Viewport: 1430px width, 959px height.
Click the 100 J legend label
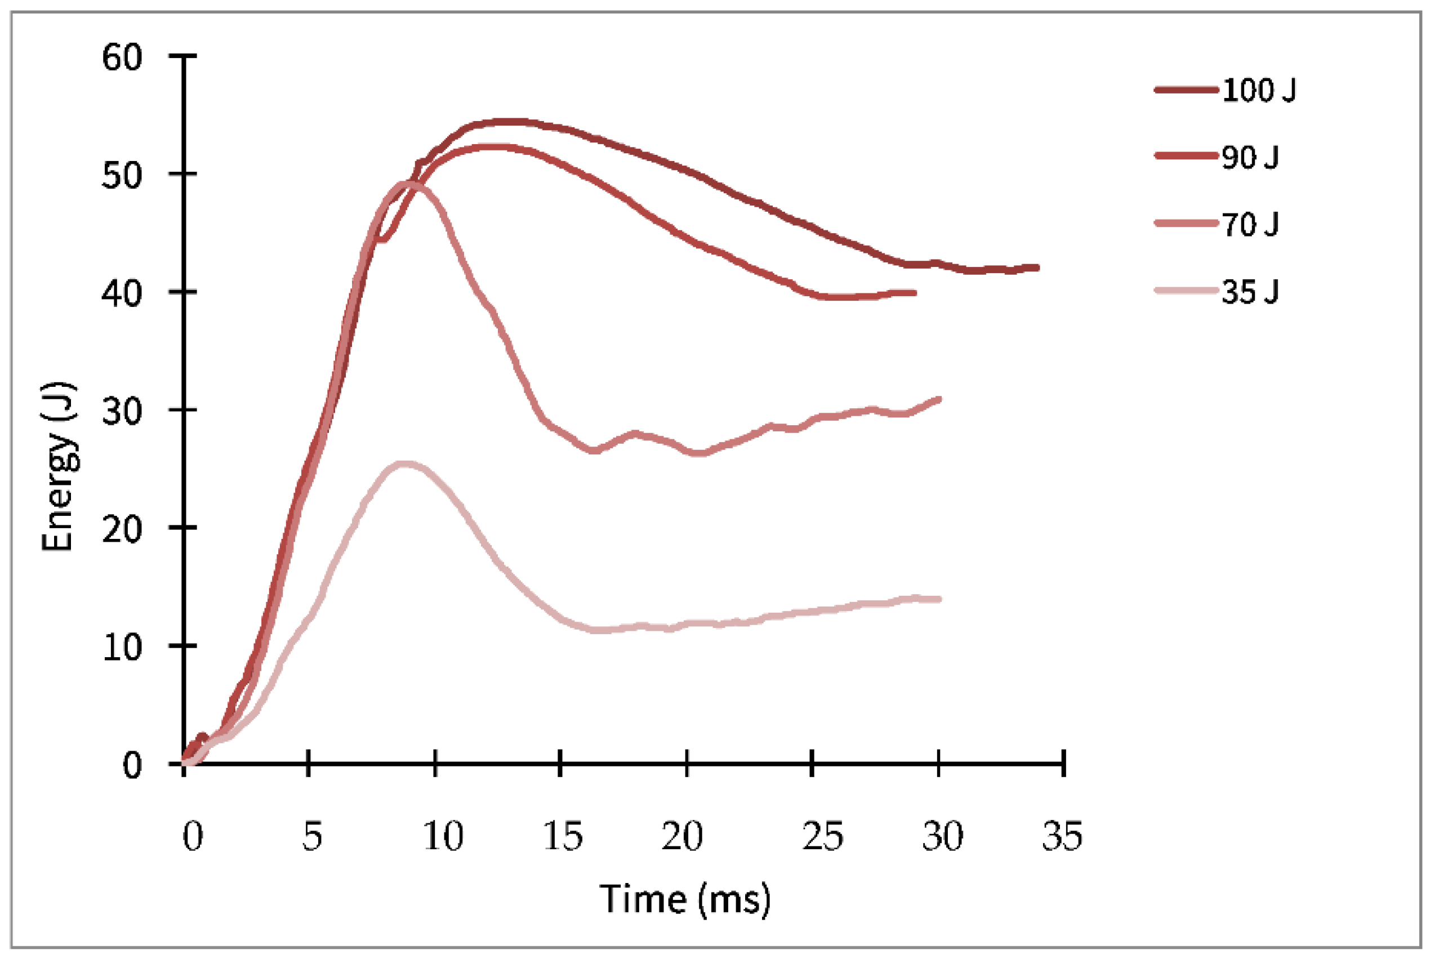pyautogui.click(x=1259, y=91)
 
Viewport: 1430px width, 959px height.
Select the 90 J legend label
pyautogui.click(x=1250, y=158)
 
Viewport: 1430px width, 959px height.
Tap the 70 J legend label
pyautogui.click(x=1250, y=225)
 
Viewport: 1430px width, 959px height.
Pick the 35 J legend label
pyautogui.click(x=1250, y=292)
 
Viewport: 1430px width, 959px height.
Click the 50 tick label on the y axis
pyautogui.click(x=122, y=175)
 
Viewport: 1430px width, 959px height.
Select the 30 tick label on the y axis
pyautogui.click(x=122, y=411)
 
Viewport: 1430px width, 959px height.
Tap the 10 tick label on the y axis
pyautogui.click(x=122, y=646)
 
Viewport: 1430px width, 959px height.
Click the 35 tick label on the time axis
pyautogui.click(x=1062, y=836)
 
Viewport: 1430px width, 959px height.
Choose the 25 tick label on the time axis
pyautogui.click(x=823, y=836)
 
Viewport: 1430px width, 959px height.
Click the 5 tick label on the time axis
pyautogui.click(x=311, y=836)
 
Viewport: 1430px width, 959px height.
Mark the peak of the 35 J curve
pyautogui.click(x=404, y=464)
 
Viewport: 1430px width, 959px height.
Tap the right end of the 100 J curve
pyautogui.click(x=1037, y=267)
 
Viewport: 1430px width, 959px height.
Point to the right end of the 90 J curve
pyautogui.click(x=915, y=293)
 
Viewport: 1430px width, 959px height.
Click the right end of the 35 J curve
pyautogui.click(x=939, y=599)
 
